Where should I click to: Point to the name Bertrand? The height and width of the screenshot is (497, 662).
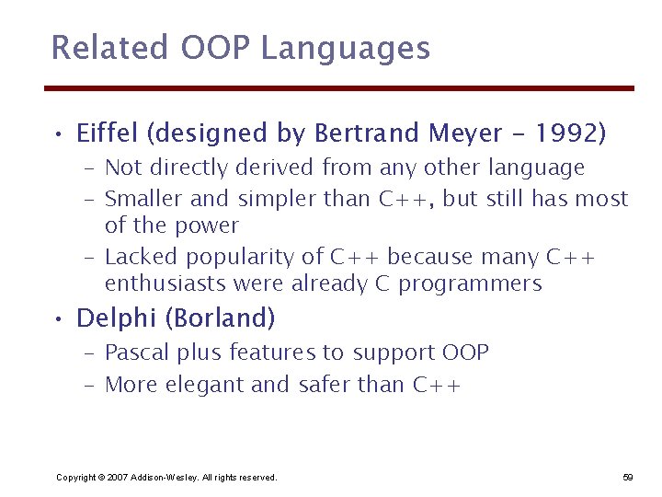(368, 134)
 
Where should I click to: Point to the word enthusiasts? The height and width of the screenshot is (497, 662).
(166, 283)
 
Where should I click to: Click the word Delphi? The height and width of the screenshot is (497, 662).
(117, 318)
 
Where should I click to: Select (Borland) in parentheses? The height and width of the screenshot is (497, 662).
(221, 318)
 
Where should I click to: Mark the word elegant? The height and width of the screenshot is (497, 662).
(204, 385)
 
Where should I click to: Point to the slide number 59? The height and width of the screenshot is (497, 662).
(628, 477)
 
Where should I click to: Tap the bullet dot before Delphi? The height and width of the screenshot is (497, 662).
(58, 320)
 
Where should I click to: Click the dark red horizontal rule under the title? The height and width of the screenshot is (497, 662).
(339, 88)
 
